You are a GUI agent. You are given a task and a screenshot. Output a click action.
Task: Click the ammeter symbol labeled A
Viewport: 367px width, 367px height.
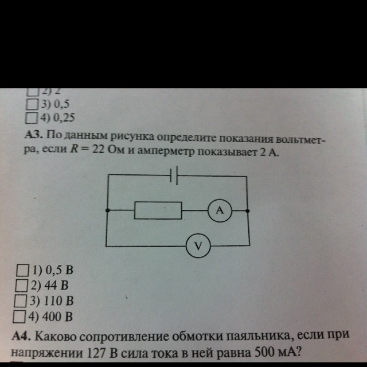tap(219, 211)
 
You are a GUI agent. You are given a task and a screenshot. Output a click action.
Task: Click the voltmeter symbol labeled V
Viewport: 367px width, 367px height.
tap(198, 247)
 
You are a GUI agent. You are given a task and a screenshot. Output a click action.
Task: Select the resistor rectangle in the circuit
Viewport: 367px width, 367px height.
tap(158, 210)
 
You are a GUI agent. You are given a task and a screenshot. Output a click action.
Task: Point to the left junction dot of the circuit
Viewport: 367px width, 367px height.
tap(107, 210)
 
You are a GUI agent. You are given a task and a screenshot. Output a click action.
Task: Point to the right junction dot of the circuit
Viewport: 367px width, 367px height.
tap(247, 211)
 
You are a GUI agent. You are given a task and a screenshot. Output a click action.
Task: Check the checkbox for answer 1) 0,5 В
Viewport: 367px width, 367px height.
tap(22, 269)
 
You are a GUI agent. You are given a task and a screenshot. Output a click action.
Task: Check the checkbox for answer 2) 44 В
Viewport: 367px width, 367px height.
tap(22, 284)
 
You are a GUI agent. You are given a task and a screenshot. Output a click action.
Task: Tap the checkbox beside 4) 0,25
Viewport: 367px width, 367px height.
tap(32, 118)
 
